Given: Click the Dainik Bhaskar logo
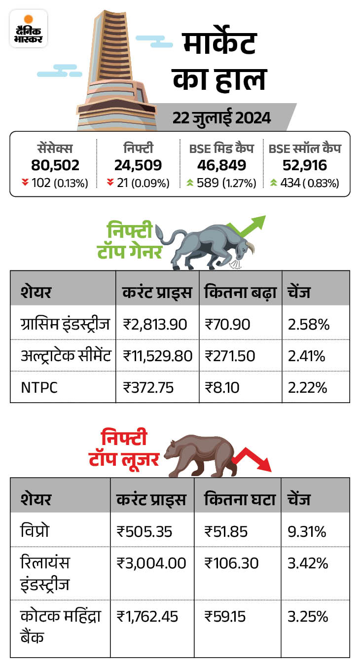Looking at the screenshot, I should [29, 29].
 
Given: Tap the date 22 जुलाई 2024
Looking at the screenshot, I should [221, 118].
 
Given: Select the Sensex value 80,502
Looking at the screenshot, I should [55, 165].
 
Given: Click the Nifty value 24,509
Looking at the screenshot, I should [138, 165].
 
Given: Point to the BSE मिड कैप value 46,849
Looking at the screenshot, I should [221, 165].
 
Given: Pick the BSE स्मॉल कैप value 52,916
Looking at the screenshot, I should [305, 165].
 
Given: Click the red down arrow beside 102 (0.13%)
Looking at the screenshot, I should [27, 183].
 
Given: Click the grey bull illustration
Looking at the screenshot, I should [207, 244].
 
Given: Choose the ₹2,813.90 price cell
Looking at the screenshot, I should [155, 324].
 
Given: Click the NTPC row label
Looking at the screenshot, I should [39, 387].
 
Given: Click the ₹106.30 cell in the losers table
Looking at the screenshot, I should [232, 563].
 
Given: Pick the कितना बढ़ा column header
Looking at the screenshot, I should [239, 293].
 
